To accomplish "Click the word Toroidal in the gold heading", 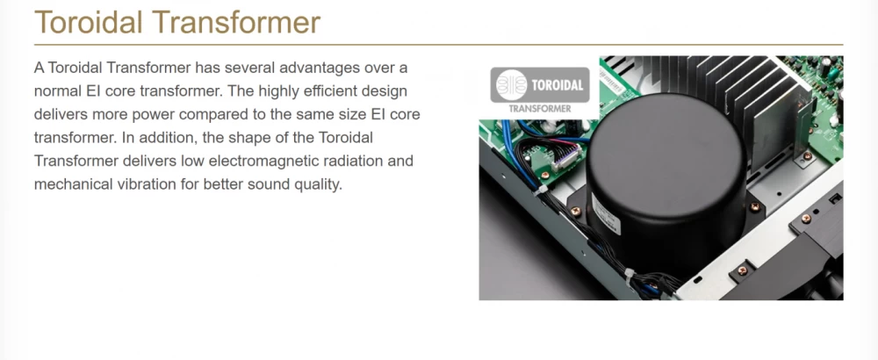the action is pos(89,23).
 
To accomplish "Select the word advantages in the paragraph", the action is pos(319,68).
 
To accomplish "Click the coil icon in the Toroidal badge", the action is pos(512,84).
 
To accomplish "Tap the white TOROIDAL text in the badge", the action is pos(558,86).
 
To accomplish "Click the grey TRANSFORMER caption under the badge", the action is pos(540,109).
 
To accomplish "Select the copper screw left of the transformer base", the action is pos(575,211).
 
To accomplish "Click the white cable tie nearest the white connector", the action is pos(542,191).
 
